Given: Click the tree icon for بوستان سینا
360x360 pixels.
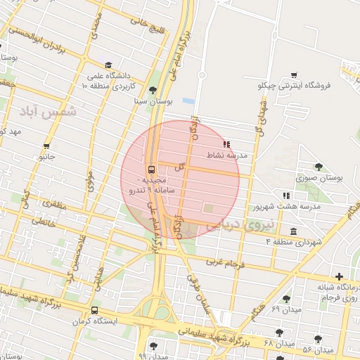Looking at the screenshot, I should click(x=153, y=89).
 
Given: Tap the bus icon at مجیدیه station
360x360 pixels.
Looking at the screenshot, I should click(x=151, y=170).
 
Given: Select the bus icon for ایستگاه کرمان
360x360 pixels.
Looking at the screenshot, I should click(x=95, y=309).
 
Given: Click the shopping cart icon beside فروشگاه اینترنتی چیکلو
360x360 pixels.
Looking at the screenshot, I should click(x=294, y=75).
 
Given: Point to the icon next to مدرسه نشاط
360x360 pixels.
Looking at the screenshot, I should click(x=226, y=143).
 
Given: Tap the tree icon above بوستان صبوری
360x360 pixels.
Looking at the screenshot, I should click(x=319, y=167).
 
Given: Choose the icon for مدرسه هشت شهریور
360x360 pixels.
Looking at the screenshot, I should click(x=285, y=196).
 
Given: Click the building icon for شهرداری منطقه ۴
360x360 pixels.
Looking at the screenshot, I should click(x=293, y=231).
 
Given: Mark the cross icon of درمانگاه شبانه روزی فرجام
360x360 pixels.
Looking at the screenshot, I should click(x=340, y=276).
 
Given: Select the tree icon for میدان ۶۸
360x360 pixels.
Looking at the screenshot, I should click(x=280, y=331).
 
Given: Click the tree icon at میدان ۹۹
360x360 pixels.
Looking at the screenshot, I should click(x=154, y=345).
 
